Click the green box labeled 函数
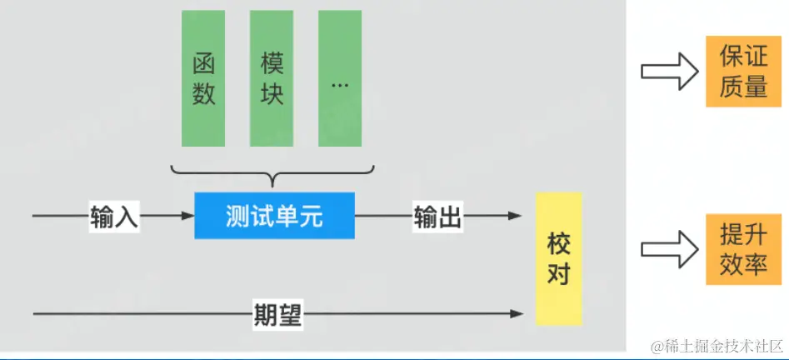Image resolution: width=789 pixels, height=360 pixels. [x=203, y=78]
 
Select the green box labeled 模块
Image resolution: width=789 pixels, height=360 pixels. [x=272, y=78]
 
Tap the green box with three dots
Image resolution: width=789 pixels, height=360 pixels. [x=340, y=78]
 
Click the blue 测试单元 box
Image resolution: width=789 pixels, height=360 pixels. [x=274, y=216]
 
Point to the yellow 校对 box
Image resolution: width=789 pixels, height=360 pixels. [x=557, y=258]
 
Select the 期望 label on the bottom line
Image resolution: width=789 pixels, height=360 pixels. [x=277, y=314]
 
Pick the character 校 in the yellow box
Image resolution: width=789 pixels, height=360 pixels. [x=557, y=244]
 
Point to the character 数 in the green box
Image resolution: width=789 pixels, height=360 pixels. [x=203, y=93]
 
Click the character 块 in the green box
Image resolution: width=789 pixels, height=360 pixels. [x=272, y=93]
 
